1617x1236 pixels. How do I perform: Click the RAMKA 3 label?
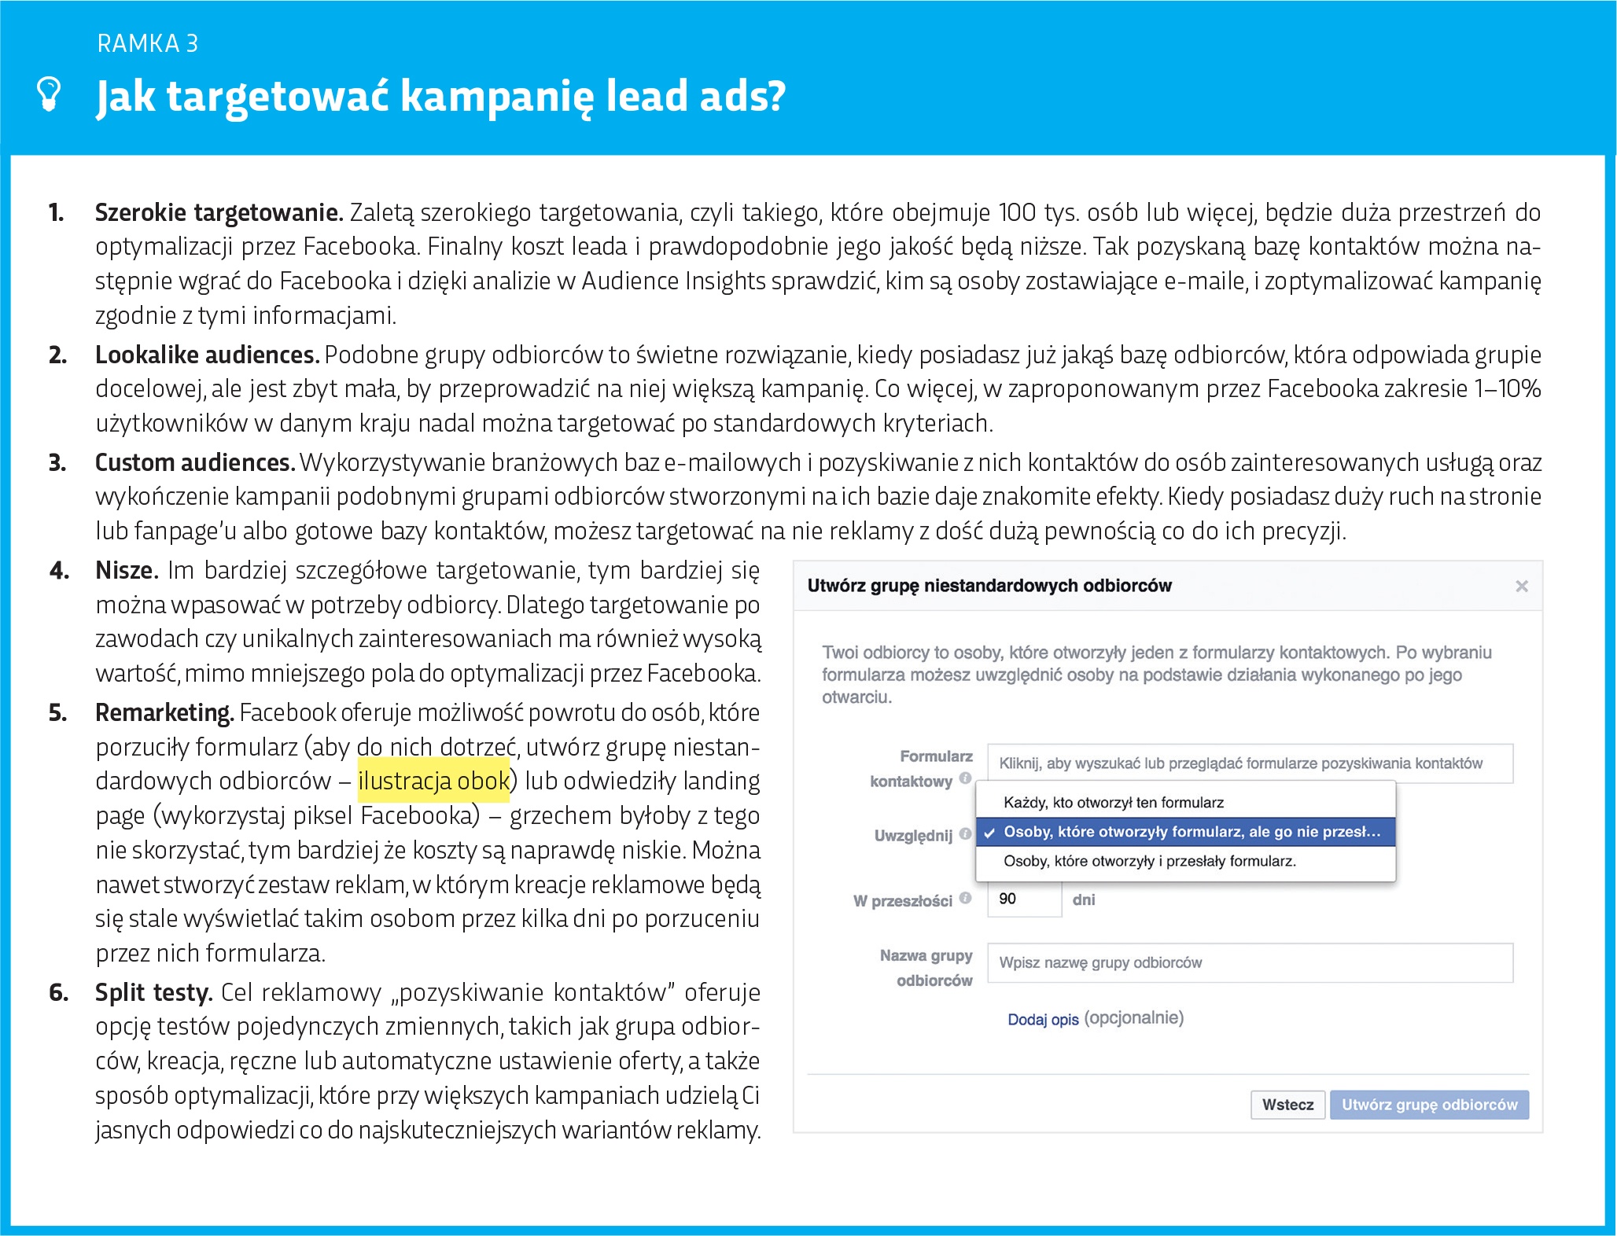(148, 44)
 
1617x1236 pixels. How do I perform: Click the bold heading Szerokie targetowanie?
(219, 213)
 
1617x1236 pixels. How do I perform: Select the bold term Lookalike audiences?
(207, 355)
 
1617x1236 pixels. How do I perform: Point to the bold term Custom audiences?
(194, 463)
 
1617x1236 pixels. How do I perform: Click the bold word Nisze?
(127, 571)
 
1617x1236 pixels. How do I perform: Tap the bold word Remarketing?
(164, 713)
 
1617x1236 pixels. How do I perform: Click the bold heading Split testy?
(153, 993)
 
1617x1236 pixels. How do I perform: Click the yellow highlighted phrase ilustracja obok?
(433, 782)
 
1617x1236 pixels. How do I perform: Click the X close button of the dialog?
(1521, 587)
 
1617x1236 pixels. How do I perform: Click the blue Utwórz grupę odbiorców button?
(1428, 1105)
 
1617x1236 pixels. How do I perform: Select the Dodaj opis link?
(1043, 1020)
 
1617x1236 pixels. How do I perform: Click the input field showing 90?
(1024, 899)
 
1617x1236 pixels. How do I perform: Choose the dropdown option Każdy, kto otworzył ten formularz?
(1113, 803)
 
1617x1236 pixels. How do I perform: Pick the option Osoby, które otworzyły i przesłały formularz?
(1149, 862)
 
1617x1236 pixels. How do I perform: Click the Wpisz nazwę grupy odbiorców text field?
(1249, 963)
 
